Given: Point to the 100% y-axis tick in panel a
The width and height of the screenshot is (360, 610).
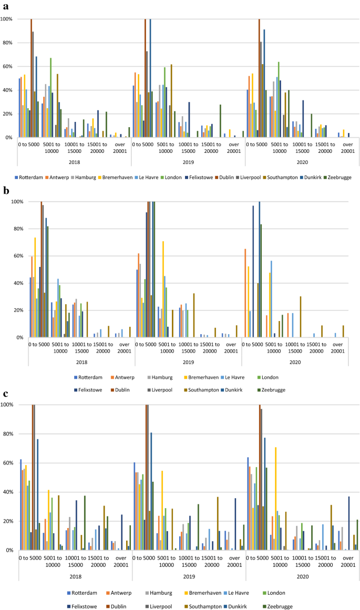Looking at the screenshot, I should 8,19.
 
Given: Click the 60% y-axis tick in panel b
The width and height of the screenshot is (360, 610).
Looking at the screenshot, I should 11,256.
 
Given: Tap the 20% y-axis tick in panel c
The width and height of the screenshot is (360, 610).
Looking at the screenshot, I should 11,521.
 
